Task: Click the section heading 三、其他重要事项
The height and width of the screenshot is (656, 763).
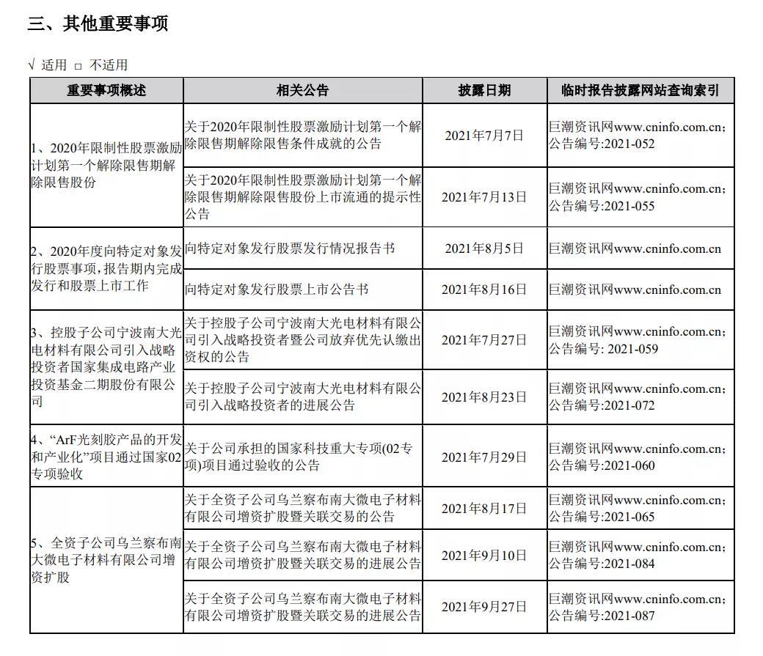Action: [98, 24]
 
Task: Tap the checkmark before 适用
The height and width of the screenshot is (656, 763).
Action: [31, 65]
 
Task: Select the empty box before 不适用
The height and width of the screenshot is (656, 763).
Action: [78, 65]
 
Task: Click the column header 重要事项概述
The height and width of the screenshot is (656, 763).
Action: [106, 91]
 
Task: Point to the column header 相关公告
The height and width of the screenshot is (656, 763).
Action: [302, 91]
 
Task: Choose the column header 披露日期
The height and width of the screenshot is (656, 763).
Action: [484, 91]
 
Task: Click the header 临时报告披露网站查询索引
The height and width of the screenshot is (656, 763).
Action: [640, 91]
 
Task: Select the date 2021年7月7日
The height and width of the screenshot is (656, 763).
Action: [484, 135]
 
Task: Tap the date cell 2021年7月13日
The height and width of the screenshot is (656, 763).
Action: [484, 196]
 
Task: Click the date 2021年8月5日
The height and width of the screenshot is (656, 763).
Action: [484, 248]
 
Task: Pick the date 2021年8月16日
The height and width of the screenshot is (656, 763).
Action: [484, 290]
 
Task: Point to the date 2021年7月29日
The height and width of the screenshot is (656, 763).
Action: [484, 457]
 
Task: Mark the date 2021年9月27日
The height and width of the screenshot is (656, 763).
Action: [484, 607]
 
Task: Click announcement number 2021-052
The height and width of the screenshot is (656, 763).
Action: [628, 144]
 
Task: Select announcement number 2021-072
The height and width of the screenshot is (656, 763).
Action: [628, 405]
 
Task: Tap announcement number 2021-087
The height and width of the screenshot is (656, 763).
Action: [628, 616]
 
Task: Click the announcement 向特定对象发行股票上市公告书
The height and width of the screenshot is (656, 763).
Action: [276, 290]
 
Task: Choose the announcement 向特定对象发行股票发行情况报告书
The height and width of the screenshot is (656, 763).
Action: [289, 248]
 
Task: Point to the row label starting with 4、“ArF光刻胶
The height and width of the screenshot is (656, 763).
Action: [106, 457]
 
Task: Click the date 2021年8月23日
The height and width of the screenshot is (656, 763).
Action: [484, 397]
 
